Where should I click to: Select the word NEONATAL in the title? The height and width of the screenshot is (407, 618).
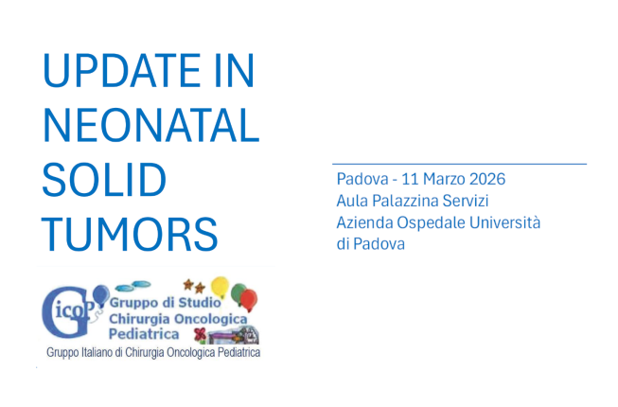tap(151, 127)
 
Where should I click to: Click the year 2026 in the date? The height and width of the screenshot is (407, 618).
tap(486, 179)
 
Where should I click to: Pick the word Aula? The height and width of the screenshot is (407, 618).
tap(352, 201)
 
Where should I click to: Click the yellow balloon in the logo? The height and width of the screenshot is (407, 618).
tap(220, 284)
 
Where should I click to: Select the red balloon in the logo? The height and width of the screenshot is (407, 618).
tap(248, 300)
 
